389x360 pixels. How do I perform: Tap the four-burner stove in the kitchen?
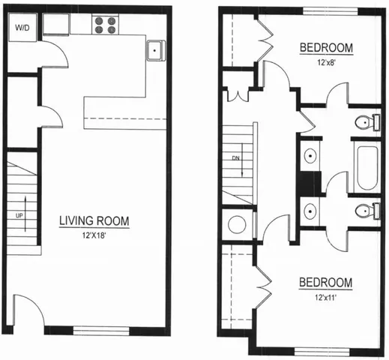tap(105, 26)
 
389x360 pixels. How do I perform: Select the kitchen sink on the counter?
tap(157, 50)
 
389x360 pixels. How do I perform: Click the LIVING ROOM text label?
tap(94, 221)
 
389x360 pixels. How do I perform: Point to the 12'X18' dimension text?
tap(94, 235)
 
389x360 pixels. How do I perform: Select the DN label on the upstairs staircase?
tap(235, 158)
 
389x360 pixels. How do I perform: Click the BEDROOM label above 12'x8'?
tap(326, 49)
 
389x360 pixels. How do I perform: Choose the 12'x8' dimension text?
tap(326, 63)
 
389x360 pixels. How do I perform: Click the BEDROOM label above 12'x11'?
tap(325, 283)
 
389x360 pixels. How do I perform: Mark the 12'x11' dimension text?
tap(325, 297)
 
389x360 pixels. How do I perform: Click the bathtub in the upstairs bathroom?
tap(368, 167)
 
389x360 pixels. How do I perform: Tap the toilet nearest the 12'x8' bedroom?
tap(363, 121)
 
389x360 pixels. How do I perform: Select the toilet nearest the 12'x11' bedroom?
tap(363, 211)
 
